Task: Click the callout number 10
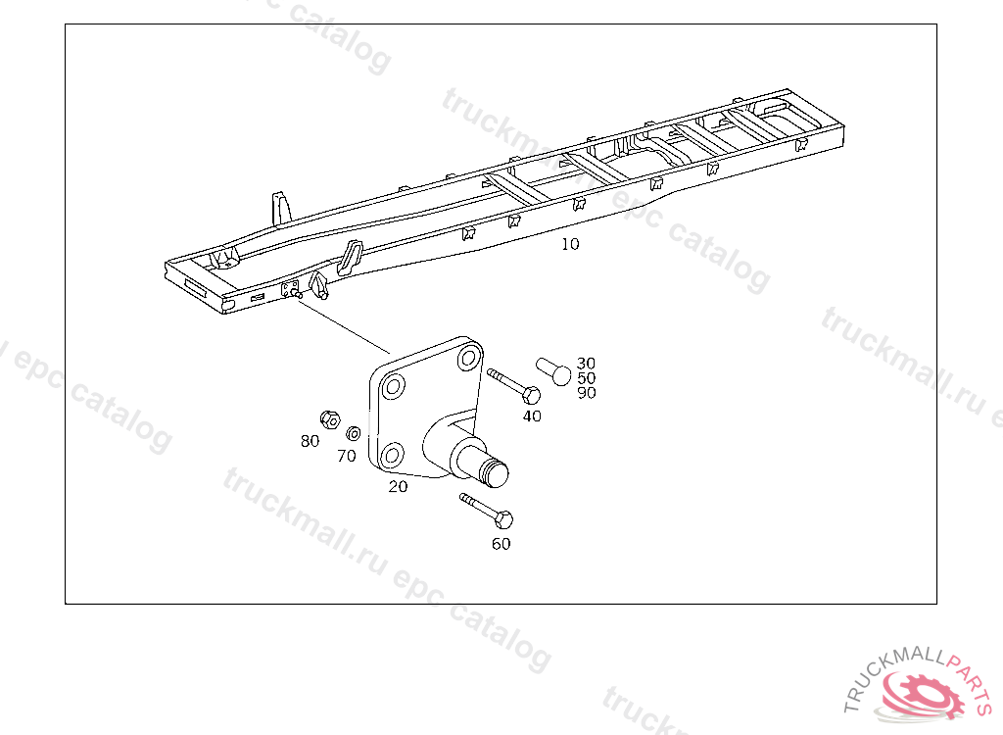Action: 570,244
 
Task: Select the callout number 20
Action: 398,487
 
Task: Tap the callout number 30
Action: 586,363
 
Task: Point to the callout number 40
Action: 532,416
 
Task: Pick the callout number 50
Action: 586,377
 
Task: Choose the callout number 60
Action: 501,544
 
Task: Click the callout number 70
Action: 346,456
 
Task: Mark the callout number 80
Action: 310,441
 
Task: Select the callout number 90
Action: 586,392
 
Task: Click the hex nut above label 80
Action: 329,420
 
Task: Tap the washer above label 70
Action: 353,433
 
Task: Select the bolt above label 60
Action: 486,511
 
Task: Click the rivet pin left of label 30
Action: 553,371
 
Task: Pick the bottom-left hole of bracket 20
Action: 392,456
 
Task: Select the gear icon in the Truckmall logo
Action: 922,694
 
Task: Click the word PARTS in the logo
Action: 971,681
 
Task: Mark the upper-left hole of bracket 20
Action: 392,387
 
